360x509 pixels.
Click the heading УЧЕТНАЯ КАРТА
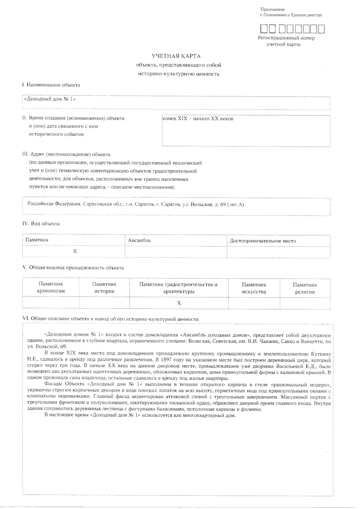click(x=176, y=56)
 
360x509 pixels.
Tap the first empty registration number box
click(x=264, y=28)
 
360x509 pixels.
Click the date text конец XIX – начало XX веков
click(x=198, y=119)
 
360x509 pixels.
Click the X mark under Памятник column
click(x=75, y=251)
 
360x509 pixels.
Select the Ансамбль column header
click(x=139, y=241)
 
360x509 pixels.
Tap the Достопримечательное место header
click(x=263, y=241)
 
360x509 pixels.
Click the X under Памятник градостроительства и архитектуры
click(x=179, y=303)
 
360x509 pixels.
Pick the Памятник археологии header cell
click(x=51, y=287)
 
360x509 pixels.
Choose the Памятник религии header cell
click(x=305, y=288)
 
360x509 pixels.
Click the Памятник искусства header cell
click(x=254, y=288)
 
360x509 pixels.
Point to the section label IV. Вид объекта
click(x=41, y=224)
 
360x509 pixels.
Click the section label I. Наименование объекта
click(x=51, y=85)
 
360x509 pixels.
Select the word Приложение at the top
click(x=272, y=10)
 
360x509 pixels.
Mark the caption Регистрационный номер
click(x=286, y=38)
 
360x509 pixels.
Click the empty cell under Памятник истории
click(x=104, y=303)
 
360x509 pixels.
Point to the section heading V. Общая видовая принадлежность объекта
click(x=73, y=268)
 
